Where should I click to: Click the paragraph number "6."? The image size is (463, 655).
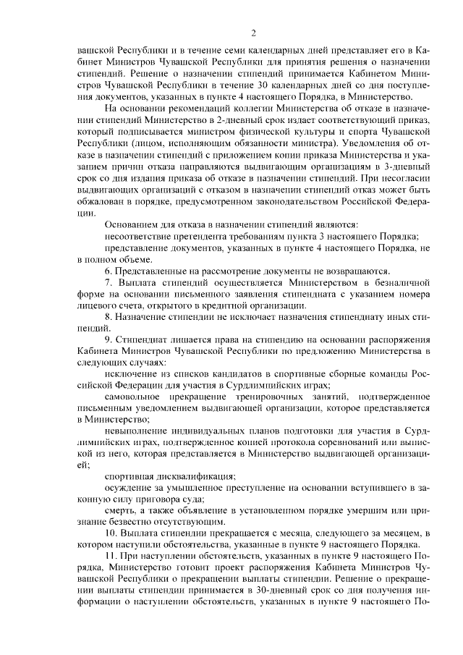coord(109,269)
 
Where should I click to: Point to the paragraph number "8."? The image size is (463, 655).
coord(109,317)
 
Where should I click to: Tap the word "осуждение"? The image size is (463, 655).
coord(127,487)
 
